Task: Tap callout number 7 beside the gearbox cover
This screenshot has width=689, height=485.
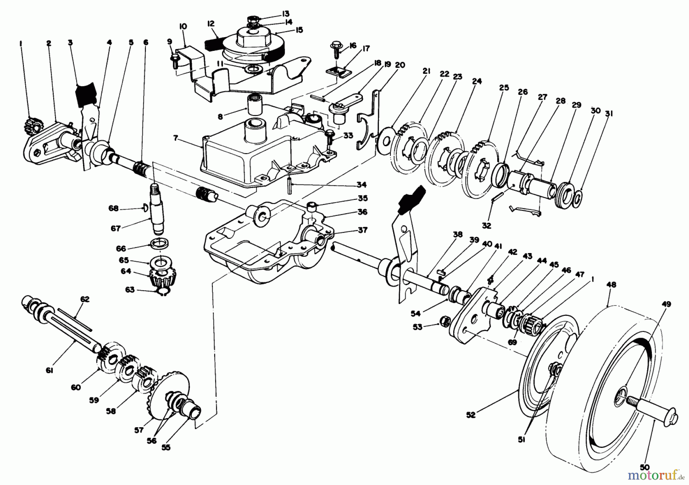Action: coord(175,138)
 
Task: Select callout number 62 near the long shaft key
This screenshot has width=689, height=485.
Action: coord(85,299)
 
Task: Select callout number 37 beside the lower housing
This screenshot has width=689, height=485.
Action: coord(362,230)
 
